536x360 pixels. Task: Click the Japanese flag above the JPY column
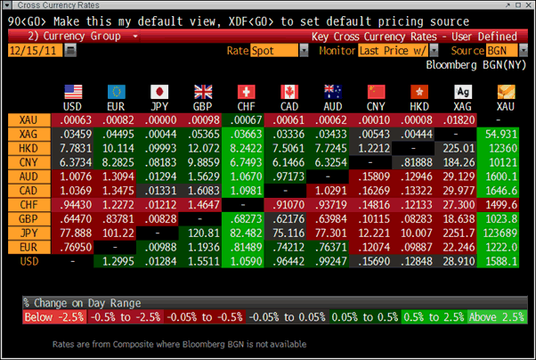click(x=160, y=92)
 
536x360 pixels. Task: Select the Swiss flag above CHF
click(x=245, y=92)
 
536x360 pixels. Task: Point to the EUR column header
click(x=116, y=107)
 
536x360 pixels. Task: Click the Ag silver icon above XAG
click(x=461, y=92)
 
